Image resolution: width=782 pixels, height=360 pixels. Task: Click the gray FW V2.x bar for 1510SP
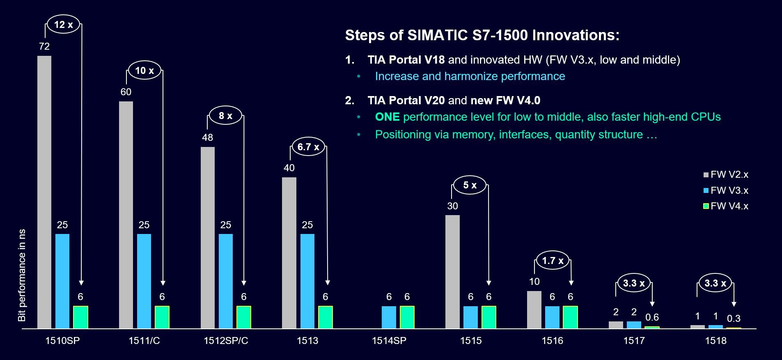pyautogui.click(x=44, y=192)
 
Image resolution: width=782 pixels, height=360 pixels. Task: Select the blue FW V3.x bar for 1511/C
pyautogui.click(x=144, y=281)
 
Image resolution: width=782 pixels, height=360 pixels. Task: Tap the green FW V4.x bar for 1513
pyautogui.click(x=326, y=317)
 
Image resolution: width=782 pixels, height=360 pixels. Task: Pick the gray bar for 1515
pyautogui.click(x=452, y=272)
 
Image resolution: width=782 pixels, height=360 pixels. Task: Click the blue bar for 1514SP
pyautogui.click(x=389, y=317)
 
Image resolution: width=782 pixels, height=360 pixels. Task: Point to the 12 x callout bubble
pyautogui.click(x=64, y=25)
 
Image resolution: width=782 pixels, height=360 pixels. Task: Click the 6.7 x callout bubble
pyautogui.click(x=308, y=147)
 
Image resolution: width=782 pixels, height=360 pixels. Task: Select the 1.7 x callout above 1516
pyautogui.click(x=553, y=261)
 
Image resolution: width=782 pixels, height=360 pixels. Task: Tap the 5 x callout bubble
pyautogui.click(x=470, y=185)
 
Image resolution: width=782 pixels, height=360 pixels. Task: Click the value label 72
pyautogui.click(x=44, y=46)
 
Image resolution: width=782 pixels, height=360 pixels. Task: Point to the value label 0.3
pyautogui.click(x=734, y=319)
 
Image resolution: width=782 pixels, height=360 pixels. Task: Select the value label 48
pyautogui.click(x=207, y=138)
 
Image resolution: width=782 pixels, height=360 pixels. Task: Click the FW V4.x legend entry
pyautogui.click(x=726, y=206)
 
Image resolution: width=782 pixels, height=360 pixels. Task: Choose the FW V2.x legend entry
pyautogui.click(x=726, y=174)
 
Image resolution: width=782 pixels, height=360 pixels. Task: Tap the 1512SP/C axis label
pyautogui.click(x=226, y=341)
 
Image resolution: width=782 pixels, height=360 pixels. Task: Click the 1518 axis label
pyautogui.click(x=715, y=341)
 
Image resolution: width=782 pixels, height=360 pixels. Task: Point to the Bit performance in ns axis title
pyautogui.click(x=22, y=275)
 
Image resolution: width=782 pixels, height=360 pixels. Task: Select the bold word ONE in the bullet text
pyautogui.click(x=387, y=117)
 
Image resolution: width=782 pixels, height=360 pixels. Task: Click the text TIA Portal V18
pyautogui.click(x=406, y=60)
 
